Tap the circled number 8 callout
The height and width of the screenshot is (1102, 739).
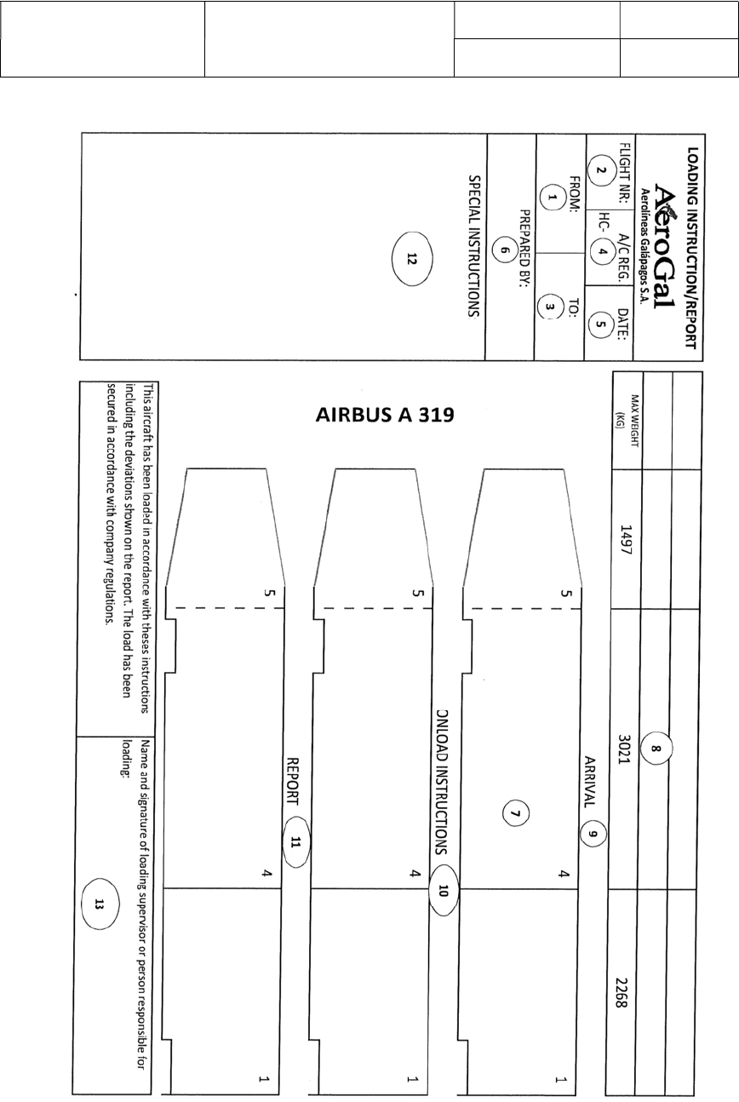[x=656, y=749]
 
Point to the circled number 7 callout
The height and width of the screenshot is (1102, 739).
[x=513, y=813]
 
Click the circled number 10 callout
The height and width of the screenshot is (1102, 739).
[x=444, y=890]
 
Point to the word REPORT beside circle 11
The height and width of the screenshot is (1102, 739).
[x=295, y=781]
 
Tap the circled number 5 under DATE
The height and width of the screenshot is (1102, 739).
[x=601, y=322]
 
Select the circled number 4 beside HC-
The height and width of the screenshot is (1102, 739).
[x=601, y=252]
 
